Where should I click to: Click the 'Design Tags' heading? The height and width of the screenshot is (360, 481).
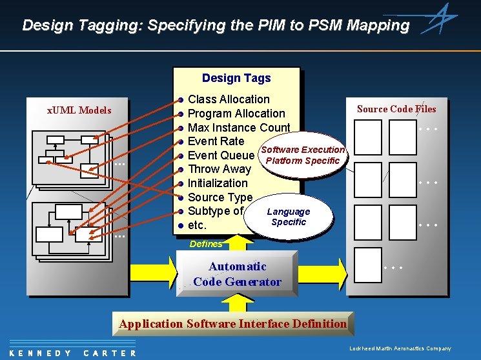tap(236, 78)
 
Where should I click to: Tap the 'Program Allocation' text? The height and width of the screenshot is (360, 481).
tap(236, 114)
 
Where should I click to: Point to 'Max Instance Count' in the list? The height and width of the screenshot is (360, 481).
tap(239, 128)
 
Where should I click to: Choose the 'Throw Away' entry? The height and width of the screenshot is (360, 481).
tap(219, 170)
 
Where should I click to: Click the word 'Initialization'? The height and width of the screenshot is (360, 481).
tap(218, 183)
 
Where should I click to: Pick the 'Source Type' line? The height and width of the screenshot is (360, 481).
tap(220, 197)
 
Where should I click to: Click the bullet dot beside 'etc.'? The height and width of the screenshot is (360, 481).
tap(181, 226)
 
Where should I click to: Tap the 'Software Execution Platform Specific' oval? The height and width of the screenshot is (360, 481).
tap(303, 155)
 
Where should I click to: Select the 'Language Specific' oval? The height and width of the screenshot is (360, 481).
tap(289, 217)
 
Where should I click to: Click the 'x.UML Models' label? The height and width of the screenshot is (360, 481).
tap(79, 110)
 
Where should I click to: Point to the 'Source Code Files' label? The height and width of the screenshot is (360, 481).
tap(396, 109)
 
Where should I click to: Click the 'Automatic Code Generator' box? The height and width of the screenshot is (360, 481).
tap(238, 274)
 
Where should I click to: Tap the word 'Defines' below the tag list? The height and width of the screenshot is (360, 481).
tap(205, 244)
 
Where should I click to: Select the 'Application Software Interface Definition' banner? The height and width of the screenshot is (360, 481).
tap(233, 324)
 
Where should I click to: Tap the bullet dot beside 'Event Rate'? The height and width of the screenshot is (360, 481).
tap(181, 141)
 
